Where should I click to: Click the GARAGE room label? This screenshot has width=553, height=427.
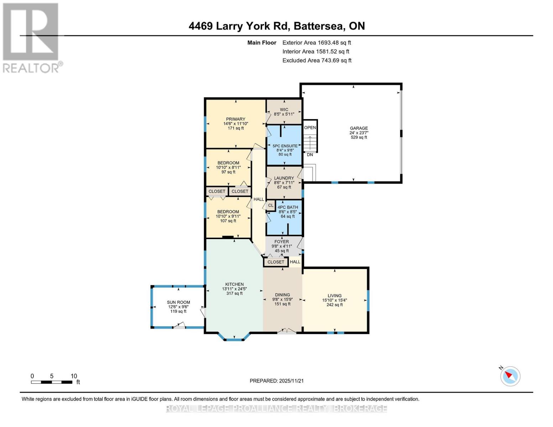click(x=359, y=128)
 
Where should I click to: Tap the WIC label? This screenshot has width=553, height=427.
click(x=284, y=110)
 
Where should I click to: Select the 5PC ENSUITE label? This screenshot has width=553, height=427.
click(x=285, y=146)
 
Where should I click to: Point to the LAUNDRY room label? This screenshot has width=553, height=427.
click(x=284, y=178)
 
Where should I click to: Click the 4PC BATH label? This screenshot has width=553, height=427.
click(x=288, y=207)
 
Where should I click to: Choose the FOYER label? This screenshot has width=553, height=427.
click(x=282, y=242)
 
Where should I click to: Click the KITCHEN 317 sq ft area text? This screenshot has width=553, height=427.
click(x=234, y=293)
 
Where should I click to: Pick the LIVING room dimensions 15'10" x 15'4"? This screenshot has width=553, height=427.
click(x=334, y=300)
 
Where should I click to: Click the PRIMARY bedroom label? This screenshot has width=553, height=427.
click(x=235, y=119)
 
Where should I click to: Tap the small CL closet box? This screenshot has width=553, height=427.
click(x=271, y=205)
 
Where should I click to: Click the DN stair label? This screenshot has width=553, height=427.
click(x=310, y=154)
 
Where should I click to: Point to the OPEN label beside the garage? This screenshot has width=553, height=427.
click(x=310, y=127)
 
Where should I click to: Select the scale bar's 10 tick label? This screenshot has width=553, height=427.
click(x=74, y=376)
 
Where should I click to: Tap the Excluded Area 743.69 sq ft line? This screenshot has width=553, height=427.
click(x=317, y=60)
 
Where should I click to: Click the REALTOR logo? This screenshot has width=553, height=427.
click(x=31, y=37)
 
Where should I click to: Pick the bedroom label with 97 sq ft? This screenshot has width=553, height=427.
click(x=228, y=163)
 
